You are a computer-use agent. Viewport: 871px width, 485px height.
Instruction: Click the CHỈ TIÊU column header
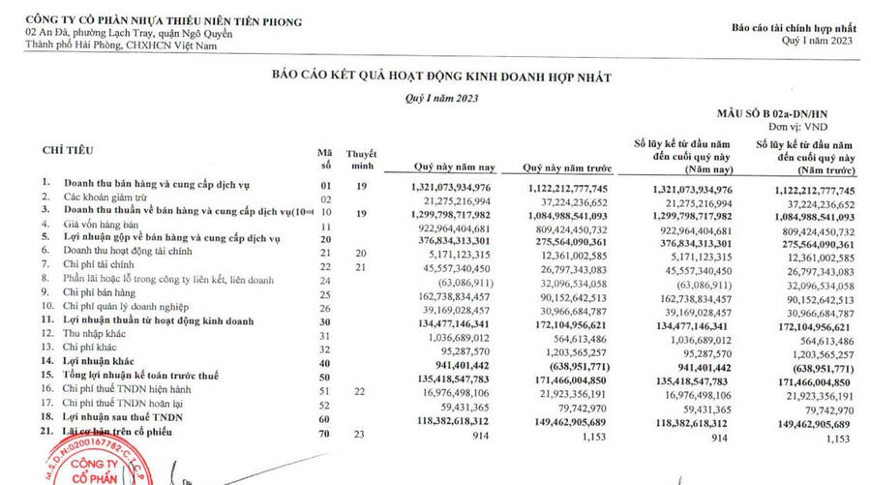(67, 152)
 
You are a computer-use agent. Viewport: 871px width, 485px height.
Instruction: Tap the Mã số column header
(325, 158)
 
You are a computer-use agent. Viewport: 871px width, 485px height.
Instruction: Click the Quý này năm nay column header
(449, 165)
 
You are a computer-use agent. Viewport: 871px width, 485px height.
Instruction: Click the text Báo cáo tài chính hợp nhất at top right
(794, 28)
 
